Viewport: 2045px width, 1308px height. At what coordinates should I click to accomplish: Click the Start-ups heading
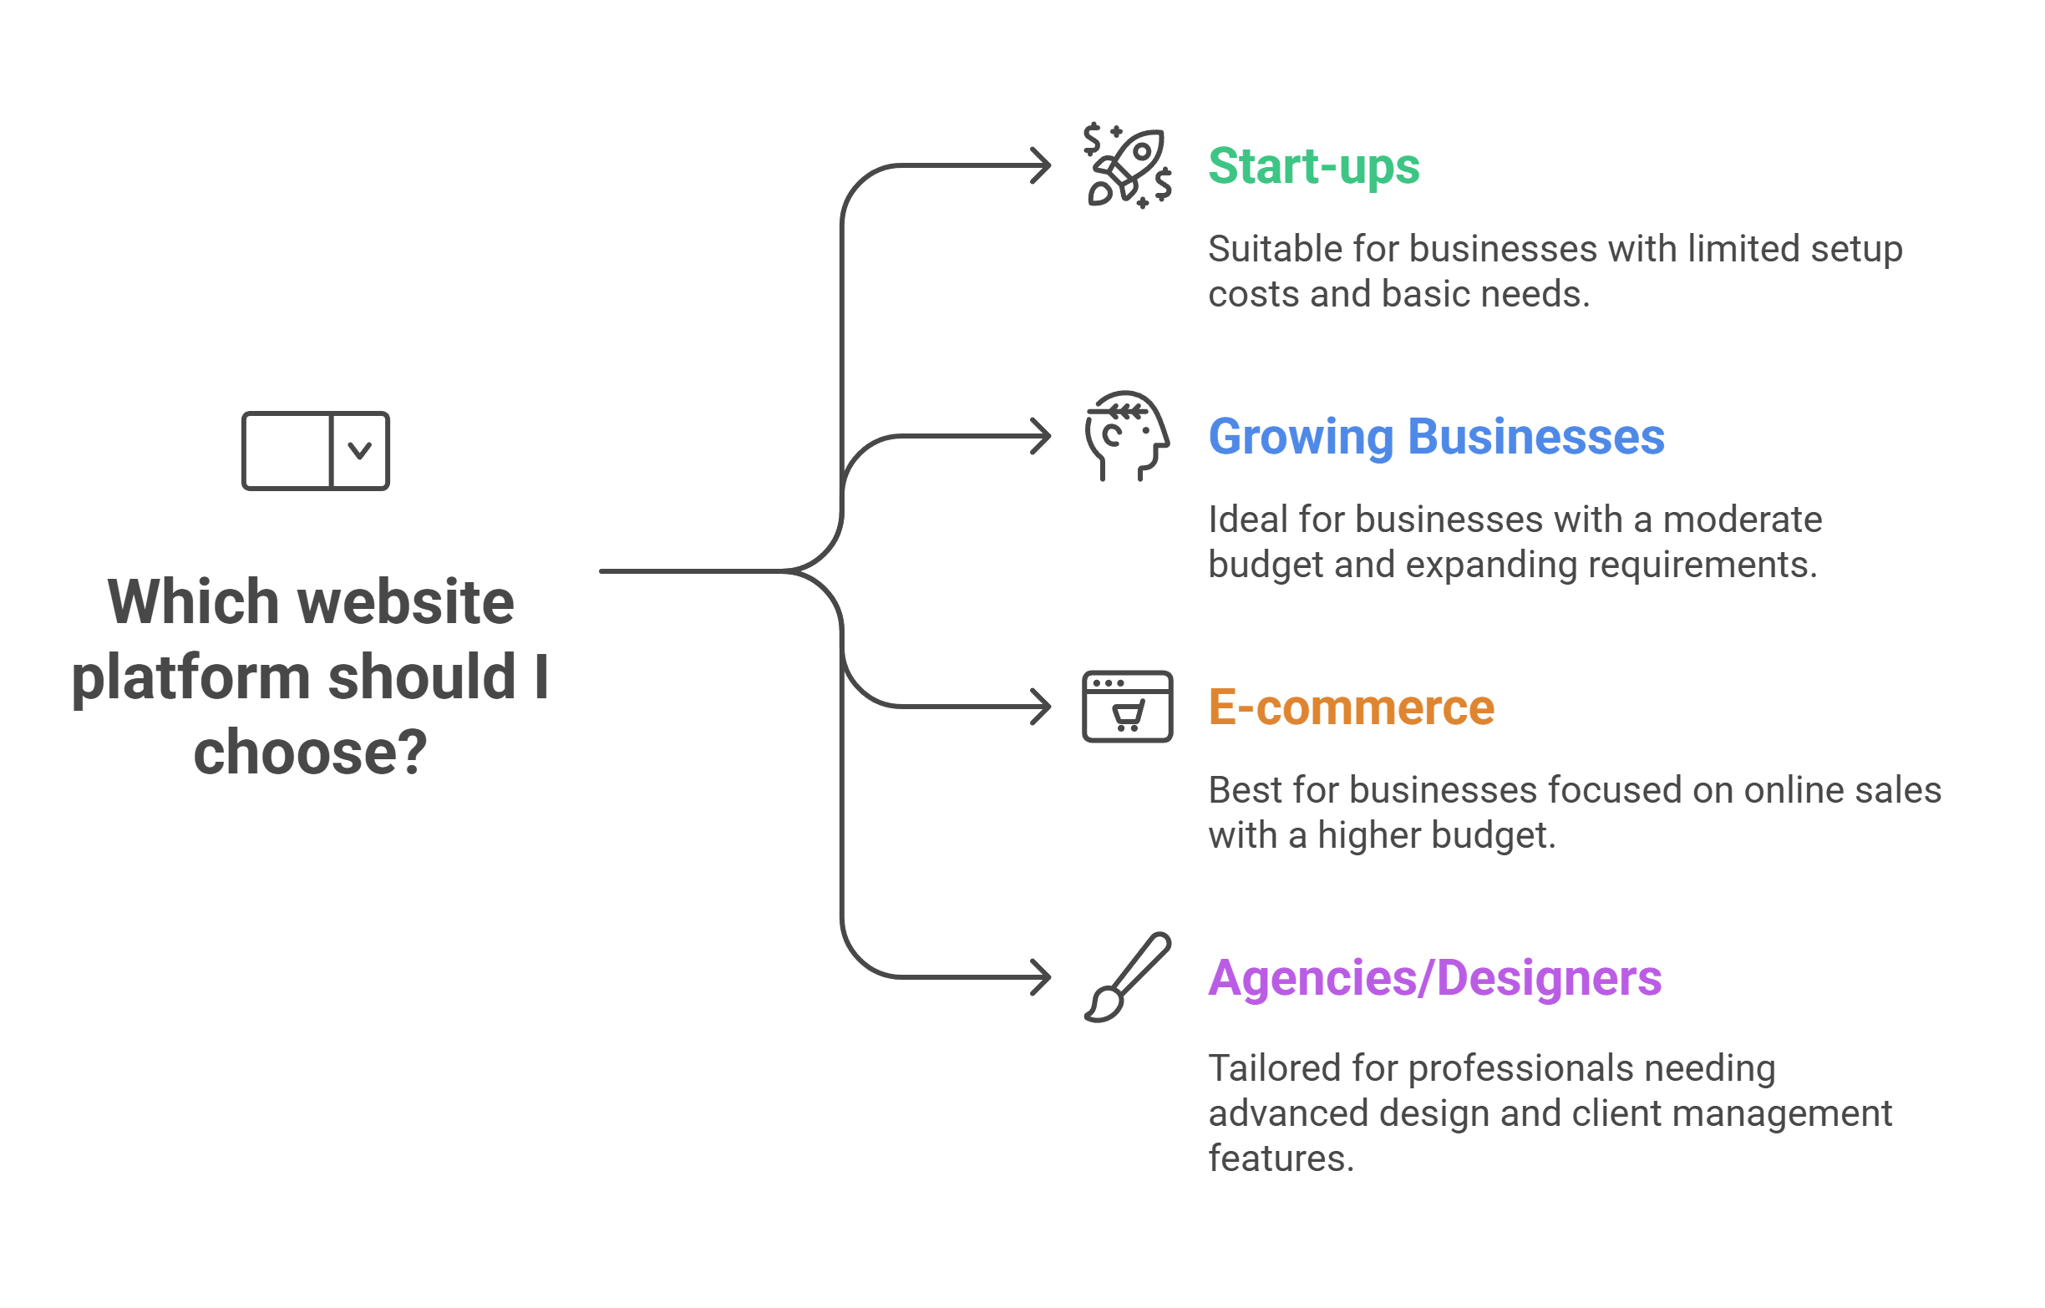pyautogui.click(x=1313, y=165)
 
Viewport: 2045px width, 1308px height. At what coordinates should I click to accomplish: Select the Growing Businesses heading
pyautogui.click(x=1435, y=437)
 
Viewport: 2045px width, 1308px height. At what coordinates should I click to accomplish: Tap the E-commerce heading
pyautogui.click(x=1350, y=707)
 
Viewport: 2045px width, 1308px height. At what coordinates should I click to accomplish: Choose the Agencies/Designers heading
pyautogui.click(x=1434, y=977)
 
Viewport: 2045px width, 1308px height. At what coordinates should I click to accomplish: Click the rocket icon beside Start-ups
pyautogui.click(x=1128, y=165)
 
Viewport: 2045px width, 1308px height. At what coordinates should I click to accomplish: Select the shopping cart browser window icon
pyautogui.click(x=1127, y=707)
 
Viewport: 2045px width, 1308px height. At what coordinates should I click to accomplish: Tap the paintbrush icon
pyautogui.click(x=1127, y=977)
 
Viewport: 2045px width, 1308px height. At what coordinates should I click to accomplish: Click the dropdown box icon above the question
pyautogui.click(x=315, y=451)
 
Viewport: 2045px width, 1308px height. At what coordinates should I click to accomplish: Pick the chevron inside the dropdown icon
pyautogui.click(x=359, y=451)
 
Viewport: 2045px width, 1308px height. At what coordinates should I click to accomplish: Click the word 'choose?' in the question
pyautogui.click(x=310, y=753)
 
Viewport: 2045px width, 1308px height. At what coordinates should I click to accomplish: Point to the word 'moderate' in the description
pyautogui.click(x=1742, y=520)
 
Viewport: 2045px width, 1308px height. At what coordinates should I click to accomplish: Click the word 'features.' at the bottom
pyautogui.click(x=1280, y=1158)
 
